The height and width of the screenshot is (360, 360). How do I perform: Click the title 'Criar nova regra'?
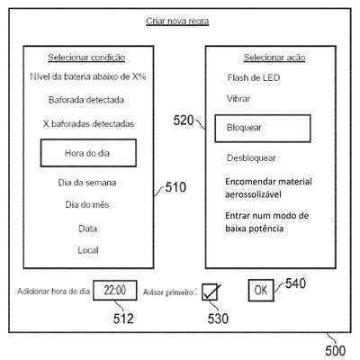click(x=177, y=22)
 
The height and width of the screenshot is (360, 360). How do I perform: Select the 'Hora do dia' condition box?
click(x=88, y=153)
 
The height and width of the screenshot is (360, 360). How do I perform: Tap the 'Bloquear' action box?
click(x=263, y=128)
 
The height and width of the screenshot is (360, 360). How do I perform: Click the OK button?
click(x=261, y=290)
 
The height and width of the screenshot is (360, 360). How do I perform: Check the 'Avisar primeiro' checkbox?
click(x=210, y=292)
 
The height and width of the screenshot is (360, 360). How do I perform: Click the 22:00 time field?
click(x=115, y=290)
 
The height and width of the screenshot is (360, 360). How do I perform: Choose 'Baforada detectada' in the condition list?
click(x=86, y=100)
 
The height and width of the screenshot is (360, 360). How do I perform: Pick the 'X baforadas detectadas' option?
click(x=88, y=123)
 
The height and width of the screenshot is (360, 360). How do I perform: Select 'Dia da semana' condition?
click(x=87, y=183)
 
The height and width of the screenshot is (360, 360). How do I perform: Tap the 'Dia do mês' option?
click(x=87, y=204)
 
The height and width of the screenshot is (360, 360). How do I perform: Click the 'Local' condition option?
click(x=88, y=250)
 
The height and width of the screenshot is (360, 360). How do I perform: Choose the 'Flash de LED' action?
click(x=254, y=78)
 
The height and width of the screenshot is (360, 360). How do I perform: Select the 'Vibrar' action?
click(x=238, y=99)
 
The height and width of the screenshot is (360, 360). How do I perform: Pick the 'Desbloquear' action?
click(x=251, y=157)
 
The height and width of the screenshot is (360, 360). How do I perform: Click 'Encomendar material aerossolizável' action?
click(x=268, y=188)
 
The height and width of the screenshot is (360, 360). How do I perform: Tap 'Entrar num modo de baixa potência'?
click(x=267, y=222)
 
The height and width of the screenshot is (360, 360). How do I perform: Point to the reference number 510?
click(x=175, y=187)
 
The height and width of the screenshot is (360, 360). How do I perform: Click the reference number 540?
click(x=295, y=283)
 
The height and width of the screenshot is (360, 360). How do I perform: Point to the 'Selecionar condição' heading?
click(x=86, y=58)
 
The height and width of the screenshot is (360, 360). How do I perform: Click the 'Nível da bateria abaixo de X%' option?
click(x=88, y=76)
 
